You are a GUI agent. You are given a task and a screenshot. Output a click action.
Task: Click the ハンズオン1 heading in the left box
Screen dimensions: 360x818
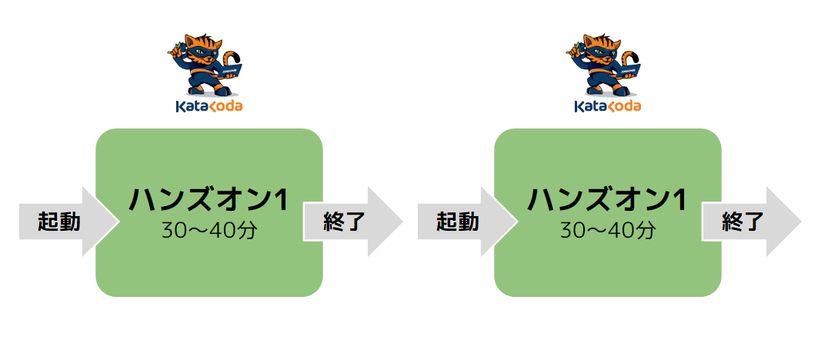pos(208,200)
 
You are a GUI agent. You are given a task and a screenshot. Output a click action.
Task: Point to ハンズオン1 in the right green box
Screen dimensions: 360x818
pos(606,200)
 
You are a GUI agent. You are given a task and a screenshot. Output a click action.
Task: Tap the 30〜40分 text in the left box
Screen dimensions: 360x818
pos(208,230)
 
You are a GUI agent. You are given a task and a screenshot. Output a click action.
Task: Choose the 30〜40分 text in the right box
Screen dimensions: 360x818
pos(606,230)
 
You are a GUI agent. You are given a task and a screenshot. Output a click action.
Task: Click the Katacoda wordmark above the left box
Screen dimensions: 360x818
pos(209,106)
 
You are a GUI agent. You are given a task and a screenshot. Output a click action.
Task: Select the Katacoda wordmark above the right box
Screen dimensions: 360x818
pos(607,106)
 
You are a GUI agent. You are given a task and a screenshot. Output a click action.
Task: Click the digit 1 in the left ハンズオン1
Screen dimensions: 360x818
pos(279,200)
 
